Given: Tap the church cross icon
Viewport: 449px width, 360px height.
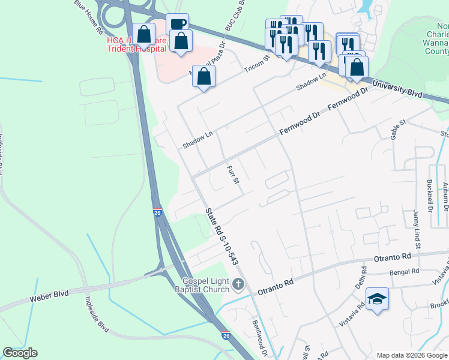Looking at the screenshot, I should (239, 284).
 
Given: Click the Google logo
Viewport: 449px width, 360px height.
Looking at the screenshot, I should (20, 353).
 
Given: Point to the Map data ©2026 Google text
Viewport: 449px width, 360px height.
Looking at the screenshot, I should (411, 355).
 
